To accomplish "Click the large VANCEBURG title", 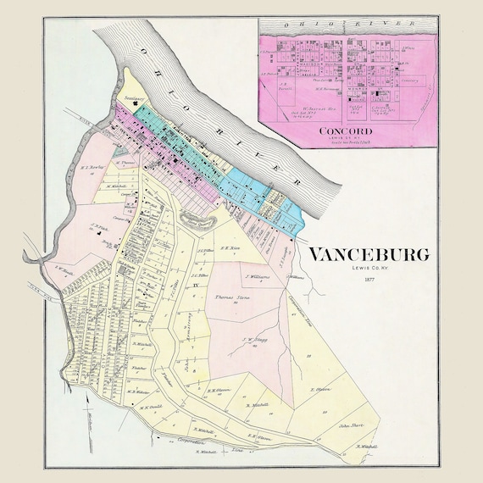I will point(367,254).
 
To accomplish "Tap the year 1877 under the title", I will point(367,279).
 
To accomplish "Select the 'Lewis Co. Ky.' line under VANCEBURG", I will point(367,269).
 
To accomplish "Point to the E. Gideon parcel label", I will point(319,390).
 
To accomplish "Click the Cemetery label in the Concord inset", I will point(410,80).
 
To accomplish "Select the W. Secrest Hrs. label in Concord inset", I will point(315,108).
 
